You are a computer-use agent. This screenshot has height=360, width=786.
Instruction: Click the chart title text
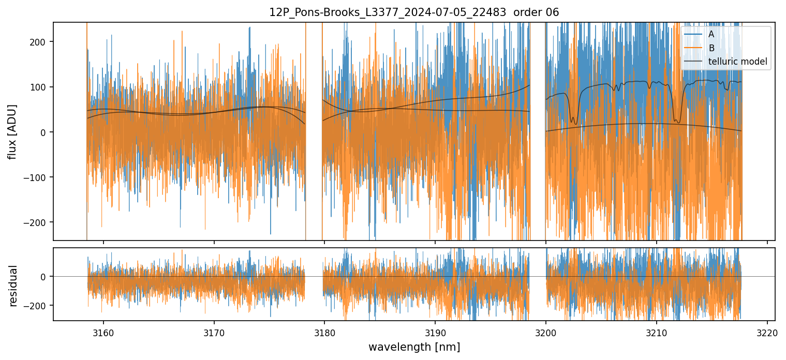tap(414, 12)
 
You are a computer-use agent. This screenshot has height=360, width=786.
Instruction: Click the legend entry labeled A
tap(711, 35)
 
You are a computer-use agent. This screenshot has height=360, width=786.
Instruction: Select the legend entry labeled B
tap(711, 49)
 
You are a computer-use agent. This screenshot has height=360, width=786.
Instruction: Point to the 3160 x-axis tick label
tap(103, 332)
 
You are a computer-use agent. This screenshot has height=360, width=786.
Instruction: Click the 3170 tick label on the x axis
tap(214, 332)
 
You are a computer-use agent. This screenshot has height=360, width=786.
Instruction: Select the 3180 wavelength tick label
tap(324, 332)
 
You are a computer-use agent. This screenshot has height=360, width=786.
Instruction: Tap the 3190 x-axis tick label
tap(435, 332)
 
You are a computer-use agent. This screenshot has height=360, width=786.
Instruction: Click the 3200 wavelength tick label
tap(546, 332)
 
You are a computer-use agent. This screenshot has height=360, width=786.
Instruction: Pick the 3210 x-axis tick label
tap(657, 332)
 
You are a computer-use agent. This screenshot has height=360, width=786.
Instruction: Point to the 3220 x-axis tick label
tap(767, 332)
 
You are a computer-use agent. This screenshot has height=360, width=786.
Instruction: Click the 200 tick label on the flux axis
tap(40, 42)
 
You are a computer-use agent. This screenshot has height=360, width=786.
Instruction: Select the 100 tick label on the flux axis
tap(40, 87)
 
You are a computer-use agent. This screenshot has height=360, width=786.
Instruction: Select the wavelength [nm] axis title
tap(414, 347)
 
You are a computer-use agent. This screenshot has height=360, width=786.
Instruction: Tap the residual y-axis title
tap(12, 286)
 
